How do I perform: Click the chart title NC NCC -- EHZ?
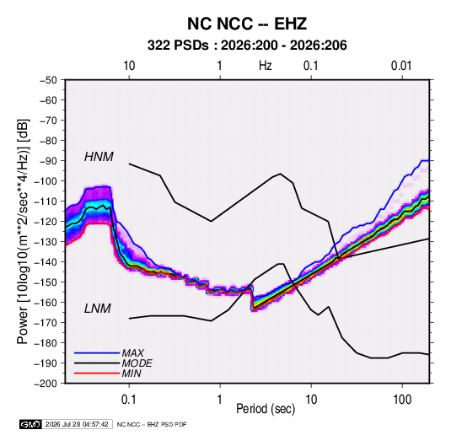coord(247,24)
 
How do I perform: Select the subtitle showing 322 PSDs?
coord(247,46)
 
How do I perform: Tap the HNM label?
coord(99,157)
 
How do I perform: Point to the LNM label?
coord(98,309)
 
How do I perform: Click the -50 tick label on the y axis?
coord(49,80)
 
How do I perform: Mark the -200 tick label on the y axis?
coord(46,384)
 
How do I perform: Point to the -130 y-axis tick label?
coord(46,242)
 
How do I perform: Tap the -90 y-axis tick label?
coord(49,161)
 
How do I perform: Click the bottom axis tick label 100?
coord(402,400)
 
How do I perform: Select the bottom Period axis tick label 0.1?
coord(129,400)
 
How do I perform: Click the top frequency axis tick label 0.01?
coord(401,66)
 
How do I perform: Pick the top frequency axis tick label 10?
coord(129,66)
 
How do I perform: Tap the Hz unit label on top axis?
coord(266,66)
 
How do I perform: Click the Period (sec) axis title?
coord(266,409)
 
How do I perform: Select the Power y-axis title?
coord(24,232)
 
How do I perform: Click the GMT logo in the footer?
coord(31,424)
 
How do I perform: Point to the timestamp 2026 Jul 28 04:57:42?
coord(77,424)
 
